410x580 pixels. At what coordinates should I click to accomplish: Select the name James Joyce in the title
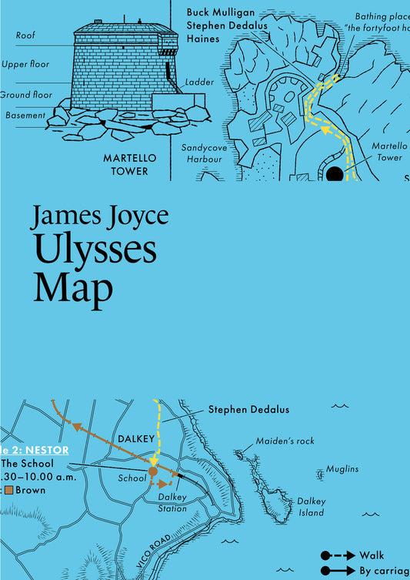[99, 216]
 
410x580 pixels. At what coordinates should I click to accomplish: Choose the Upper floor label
[25, 65]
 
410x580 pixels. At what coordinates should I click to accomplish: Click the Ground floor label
[26, 95]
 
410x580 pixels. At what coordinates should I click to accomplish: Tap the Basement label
[25, 116]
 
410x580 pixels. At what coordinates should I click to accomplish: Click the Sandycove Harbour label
[202, 153]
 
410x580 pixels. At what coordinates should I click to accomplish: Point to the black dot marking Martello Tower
[334, 174]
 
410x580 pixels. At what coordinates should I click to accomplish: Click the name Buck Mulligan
[222, 13]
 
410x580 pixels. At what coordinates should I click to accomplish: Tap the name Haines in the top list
[203, 38]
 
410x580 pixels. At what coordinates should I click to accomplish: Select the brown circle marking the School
[153, 471]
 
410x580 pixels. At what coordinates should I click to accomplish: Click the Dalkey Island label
[312, 507]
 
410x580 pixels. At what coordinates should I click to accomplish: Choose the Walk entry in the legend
[372, 555]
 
